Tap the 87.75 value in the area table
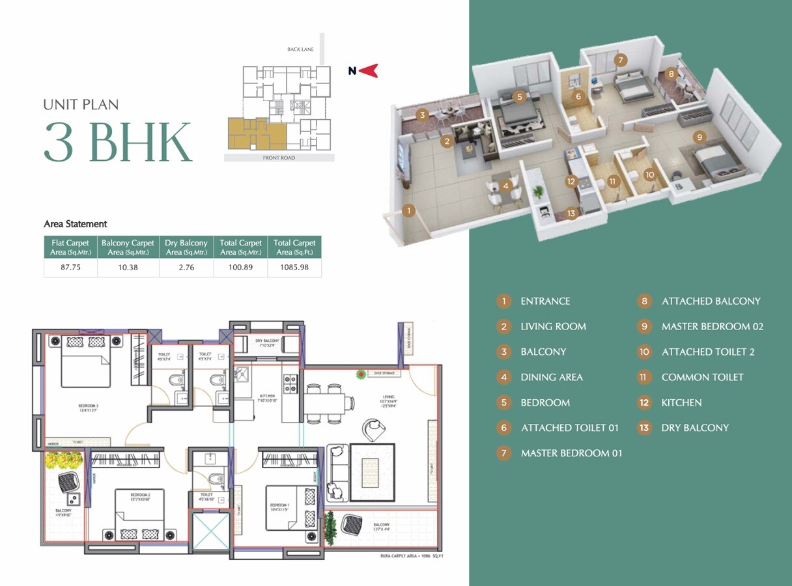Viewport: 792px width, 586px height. tap(70, 267)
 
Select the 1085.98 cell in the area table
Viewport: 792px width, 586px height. tap(294, 267)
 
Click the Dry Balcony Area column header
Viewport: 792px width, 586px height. tap(186, 247)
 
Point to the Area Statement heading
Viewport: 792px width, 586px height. tap(76, 224)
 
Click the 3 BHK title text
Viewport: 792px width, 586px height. tap(118, 141)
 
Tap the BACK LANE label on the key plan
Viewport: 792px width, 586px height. tap(300, 49)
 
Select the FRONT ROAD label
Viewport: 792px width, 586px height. tap(279, 158)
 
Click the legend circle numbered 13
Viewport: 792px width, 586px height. tap(644, 428)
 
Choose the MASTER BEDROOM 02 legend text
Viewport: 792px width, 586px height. tap(712, 326)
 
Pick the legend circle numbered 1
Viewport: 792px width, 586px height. tap(503, 301)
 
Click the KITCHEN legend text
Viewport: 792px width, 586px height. tap(681, 402)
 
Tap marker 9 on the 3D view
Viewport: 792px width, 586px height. tap(699, 137)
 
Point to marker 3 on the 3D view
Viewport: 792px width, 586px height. tap(422, 116)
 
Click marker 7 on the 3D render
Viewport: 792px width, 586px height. tap(621, 60)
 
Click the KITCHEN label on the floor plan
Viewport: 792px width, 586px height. tap(266, 396)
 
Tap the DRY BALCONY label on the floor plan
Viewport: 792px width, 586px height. tap(267, 341)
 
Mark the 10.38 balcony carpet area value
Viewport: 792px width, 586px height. tap(128, 267)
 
